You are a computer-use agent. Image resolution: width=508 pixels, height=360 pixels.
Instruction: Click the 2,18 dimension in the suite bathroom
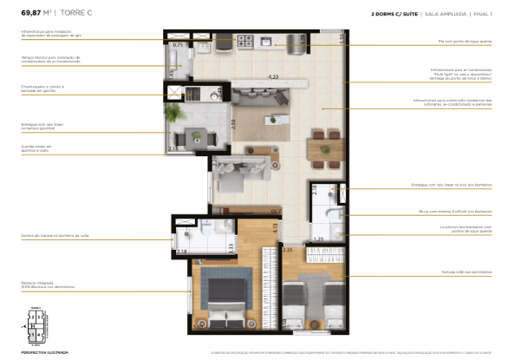click(181, 252)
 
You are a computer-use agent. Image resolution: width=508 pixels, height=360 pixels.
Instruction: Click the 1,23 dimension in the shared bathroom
click(317, 239)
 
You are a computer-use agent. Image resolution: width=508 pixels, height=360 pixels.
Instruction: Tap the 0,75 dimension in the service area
click(178, 44)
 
